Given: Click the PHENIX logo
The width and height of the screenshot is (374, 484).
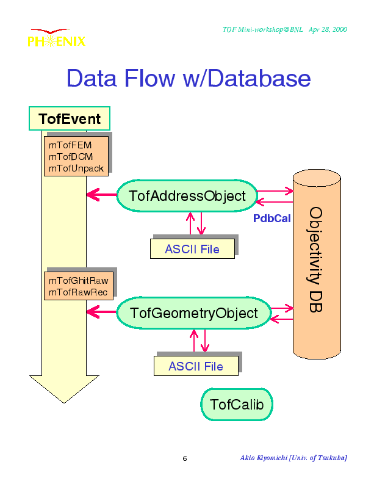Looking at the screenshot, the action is tap(57, 38).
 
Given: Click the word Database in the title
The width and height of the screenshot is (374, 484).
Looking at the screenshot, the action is tap(259, 78).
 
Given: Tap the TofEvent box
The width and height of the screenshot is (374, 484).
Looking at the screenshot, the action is tap(70, 118).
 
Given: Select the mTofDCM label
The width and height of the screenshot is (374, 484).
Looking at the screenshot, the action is tap(71, 157).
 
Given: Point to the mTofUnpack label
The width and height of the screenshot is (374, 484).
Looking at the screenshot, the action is tap(76, 168).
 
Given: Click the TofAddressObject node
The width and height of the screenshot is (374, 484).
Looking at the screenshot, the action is tap(187, 196).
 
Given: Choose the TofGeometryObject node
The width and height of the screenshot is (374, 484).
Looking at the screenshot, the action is tap(194, 313).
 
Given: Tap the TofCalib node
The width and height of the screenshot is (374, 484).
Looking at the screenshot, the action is tap(237, 405).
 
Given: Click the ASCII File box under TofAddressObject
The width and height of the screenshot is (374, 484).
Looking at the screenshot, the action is tap(192, 249).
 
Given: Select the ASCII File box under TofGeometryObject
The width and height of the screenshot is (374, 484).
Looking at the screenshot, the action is tap(196, 366).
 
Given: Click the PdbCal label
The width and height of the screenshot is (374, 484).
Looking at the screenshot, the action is tap(272, 219).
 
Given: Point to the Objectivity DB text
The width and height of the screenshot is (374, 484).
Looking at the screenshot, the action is tap(316, 259).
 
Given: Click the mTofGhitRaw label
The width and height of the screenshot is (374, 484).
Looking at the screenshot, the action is tap(78, 280).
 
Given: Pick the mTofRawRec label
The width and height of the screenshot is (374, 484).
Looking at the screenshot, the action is tap(78, 292).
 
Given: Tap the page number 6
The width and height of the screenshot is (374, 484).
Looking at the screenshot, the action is tap(185, 458).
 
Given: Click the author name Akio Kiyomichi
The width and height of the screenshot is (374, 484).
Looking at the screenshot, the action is tap(264, 458).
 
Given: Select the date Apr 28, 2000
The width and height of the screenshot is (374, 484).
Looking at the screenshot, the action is tap(328, 29).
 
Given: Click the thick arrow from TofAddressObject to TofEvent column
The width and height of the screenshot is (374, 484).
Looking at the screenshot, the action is tap(102, 195).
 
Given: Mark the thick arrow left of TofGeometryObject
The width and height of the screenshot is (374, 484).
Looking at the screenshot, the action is tap(102, 312).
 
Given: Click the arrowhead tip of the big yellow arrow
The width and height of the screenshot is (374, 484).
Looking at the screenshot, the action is tap(64, 403).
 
